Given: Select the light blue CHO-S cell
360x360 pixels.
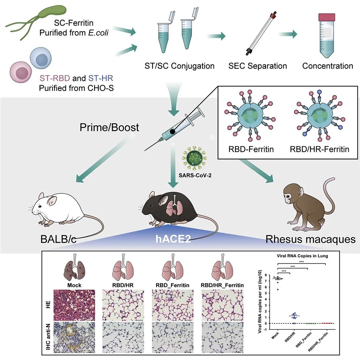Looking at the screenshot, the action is (x=40, y=58).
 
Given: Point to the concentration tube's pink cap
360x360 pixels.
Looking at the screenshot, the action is (x=326, y=17).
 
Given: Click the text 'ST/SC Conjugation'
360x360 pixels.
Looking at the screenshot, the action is (x=179, y=66).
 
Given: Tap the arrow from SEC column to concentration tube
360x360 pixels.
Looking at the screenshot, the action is (x=288, y=34).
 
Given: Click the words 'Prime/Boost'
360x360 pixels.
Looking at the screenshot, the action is (x=109, y=127).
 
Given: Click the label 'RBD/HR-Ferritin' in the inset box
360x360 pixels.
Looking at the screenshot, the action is (x=320, y=149).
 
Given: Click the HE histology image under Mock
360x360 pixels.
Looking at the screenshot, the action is (x=74, y=305).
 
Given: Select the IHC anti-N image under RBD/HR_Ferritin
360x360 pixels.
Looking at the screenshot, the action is (x=222, y=337).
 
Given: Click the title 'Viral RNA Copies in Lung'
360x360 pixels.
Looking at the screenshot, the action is (x=302, y=256).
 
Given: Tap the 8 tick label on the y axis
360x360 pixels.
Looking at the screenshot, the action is (x=266, y=275).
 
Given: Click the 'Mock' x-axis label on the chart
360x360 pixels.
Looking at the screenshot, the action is (x=275, y=336).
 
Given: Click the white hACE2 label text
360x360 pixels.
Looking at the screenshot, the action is (x=173, y=239).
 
